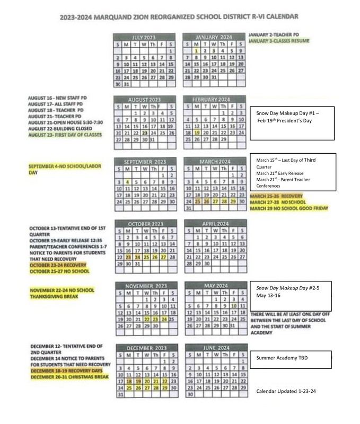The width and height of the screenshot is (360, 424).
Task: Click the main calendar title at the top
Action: (x=179, y=17)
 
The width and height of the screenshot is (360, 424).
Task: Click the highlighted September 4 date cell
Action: (x=128, y=182)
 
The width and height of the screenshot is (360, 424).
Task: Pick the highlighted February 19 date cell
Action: (x=197, y=132)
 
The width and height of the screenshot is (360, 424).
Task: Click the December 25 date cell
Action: (x=128, y=387)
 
